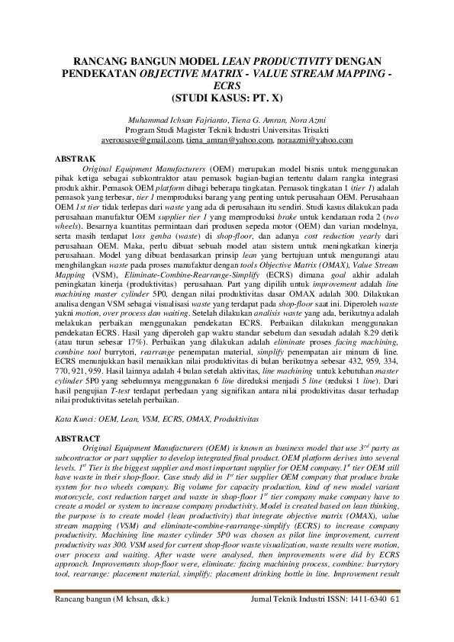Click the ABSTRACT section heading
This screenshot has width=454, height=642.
(x=80, y=438)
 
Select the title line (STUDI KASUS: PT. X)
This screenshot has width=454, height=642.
(x=227, y=98)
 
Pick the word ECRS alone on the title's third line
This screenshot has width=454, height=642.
(x=227, y=87)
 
